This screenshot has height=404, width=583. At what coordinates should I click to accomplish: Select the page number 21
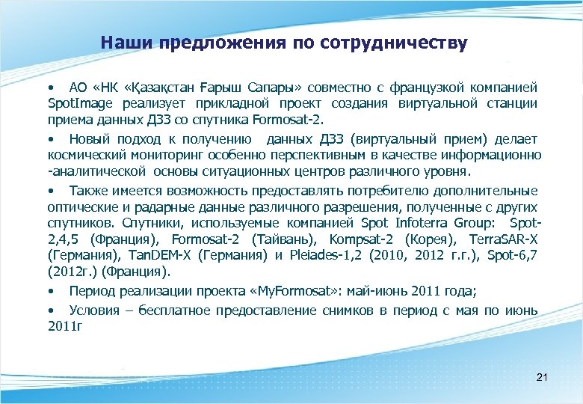(543, 378)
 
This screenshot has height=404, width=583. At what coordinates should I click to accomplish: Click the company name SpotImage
(78, 103)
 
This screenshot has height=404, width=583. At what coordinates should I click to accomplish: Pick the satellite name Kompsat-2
(362, 239)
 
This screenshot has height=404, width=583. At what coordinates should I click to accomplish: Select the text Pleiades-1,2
(316, 255)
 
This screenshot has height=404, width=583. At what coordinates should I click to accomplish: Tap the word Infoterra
(412, 223)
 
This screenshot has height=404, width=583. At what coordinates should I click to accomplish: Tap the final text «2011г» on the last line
(64, 325)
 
